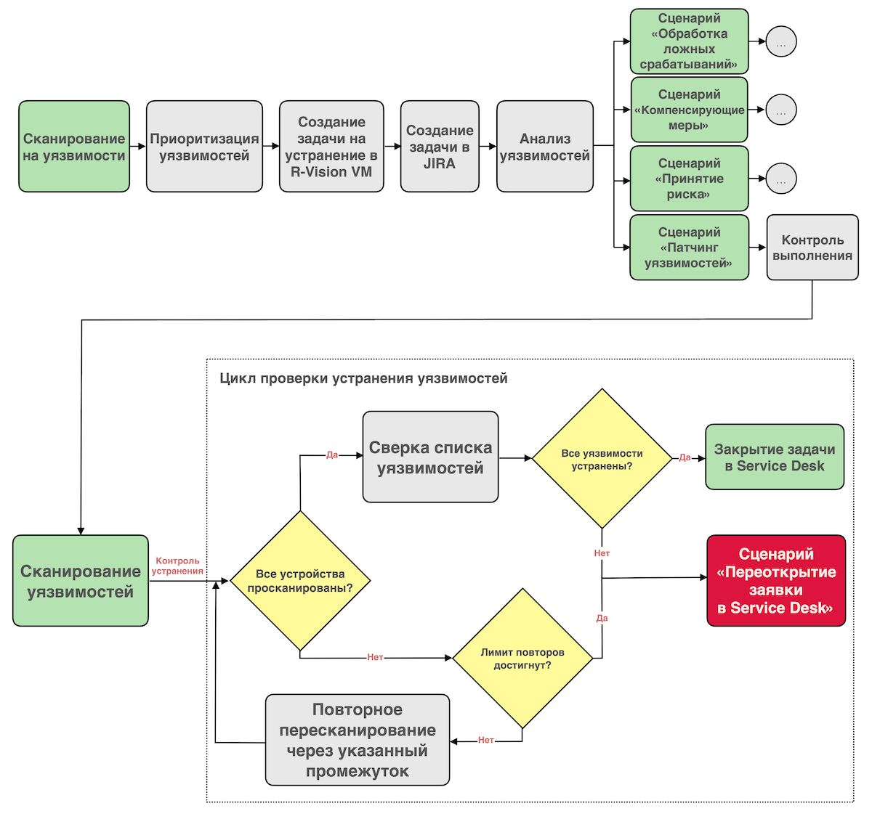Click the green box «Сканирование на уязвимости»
point(74,147)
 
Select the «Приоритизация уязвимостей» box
point(204,147)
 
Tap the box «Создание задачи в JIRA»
point(440,147)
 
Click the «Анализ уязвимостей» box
point(545,147)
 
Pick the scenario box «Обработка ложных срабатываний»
point(689,41)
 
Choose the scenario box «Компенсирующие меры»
point(689,110)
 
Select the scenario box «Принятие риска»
point(689,179)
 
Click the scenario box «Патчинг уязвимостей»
point(689,248)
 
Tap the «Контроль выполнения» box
point(812,248)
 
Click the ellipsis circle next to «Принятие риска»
point(781,179)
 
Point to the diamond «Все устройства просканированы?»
point(300,581)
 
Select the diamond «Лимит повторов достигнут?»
point(522,659)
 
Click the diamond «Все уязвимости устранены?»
point(602,459)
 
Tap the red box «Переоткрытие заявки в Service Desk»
point(776,581)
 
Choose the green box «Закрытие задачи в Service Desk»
point(775,457)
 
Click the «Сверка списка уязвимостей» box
point(430,457)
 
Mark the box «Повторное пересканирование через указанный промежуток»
point(358,740)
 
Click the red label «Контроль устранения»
point(178,566)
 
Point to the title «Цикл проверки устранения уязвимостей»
point(363,378)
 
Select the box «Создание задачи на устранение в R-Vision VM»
point(331,147)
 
